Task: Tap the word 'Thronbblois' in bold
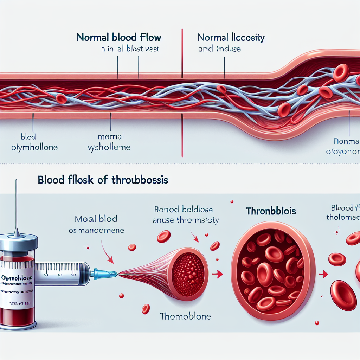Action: pyautogui.click(x=270, y=211)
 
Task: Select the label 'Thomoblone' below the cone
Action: pyautogui.click(x=185, y=316)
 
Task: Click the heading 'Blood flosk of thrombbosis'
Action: pyautogui.click(x=102, y=180)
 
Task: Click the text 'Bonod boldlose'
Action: pyautogui.click(x=183, y=210)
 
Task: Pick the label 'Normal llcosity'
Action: pyautogui.click(x=231, y=37)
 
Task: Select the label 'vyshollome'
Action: pyautogui.click(x=109, y=147)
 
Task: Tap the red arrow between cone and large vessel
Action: pyautogui.click(x=219, y=273)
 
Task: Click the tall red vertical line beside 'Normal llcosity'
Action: pyautogui.click(x=182, y=53)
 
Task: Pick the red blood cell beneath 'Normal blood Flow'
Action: pyautogui.click(x=61, y=99)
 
